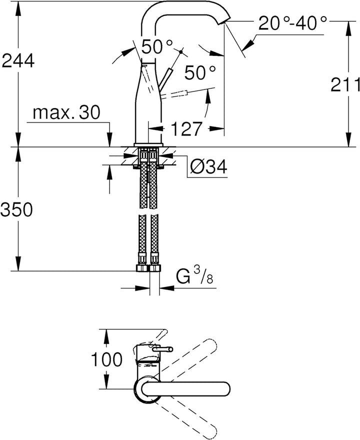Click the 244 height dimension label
(x=18, y=60)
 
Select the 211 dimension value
(x=345, y=84)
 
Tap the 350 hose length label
(x=16, y=209)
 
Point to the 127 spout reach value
(x=186, y=129)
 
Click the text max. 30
(x=66, y=113)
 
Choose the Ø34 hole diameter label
(x=208, y=167)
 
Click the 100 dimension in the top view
(x=107, y=359)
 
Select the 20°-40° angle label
(x=292, y=23)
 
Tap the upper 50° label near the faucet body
(x=157, y=46)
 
